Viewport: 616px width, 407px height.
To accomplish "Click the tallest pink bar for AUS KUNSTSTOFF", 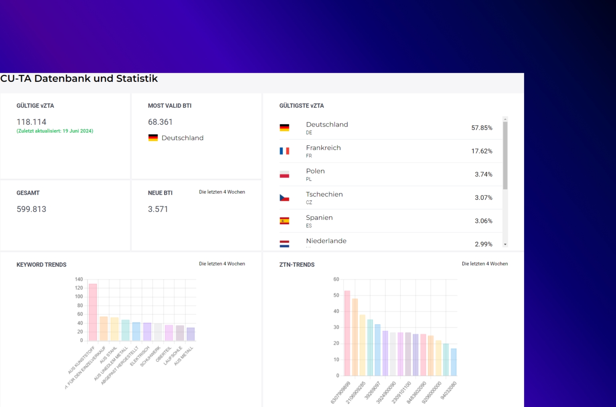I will (x=93, y=312).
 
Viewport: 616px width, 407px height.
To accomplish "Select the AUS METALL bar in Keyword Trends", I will (x=190, y=334).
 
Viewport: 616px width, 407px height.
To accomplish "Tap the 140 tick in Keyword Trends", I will (x=79, y=279).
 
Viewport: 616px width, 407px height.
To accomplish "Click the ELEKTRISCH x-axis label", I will (x=140, y=356).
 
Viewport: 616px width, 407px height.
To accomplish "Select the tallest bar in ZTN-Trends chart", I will (x=347, y=333).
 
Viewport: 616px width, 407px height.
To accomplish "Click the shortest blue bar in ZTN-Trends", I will (x=454, y=362).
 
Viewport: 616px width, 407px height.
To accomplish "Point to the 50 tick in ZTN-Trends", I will (x=336, y=295).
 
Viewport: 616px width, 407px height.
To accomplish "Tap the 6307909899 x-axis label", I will (x=341, y=392).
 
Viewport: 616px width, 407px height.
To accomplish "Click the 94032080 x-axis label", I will (x=449, y=390).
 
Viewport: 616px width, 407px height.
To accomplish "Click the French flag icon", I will (x=284, y=151).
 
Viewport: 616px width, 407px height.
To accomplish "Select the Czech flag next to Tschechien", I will (x=284, y=197).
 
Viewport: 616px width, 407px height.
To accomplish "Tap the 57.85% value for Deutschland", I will (x=482, y=128).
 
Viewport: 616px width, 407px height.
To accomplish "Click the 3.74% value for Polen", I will (x=483, y=174).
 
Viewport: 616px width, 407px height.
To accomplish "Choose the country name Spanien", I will (x=319, y=218).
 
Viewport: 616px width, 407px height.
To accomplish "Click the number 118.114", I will (x=31, y=122).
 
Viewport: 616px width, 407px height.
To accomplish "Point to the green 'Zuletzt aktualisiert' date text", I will (x=55, y=131).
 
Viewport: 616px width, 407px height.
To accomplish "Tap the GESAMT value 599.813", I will (x=31, y=209).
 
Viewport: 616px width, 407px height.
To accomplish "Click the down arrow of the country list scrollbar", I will (x=505, y=244).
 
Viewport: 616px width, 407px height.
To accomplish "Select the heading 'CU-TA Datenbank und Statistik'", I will (x=79, y=79).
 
